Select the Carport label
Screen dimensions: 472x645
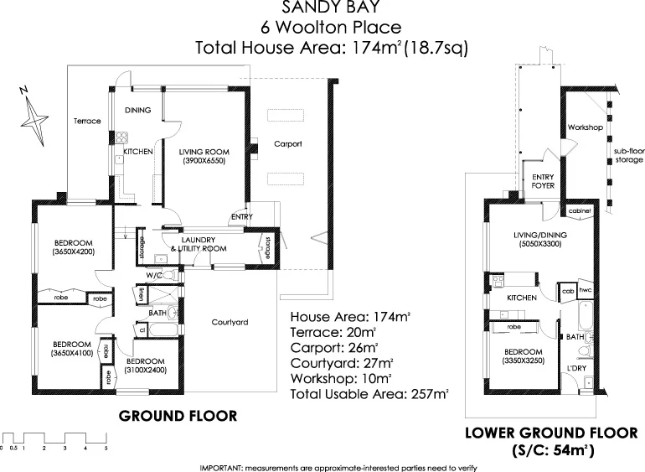point(287,144)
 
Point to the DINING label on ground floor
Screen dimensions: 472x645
point(137,110)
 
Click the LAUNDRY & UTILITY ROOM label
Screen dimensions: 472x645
point(198,244)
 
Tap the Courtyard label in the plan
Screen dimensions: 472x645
point(229,322)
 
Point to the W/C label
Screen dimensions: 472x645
point(153,274)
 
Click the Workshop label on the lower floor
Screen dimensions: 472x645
point(586,127)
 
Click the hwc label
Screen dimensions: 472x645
point(586,291)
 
